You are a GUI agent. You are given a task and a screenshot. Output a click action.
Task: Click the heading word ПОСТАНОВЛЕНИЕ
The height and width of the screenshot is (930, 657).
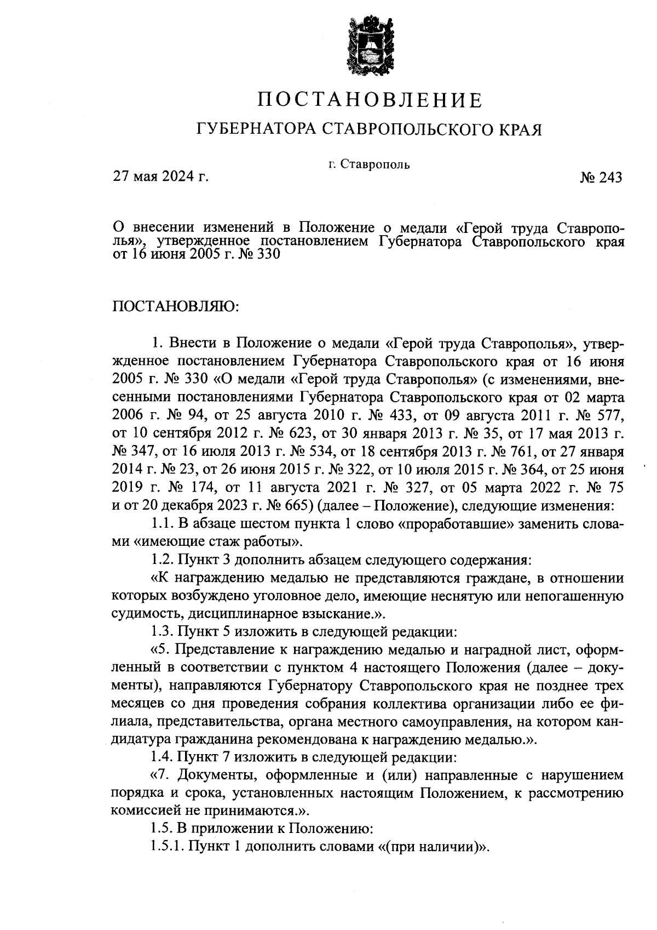tap(370, 100)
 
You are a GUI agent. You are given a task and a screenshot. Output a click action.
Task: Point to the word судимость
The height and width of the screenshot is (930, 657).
tap(142, 613)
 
